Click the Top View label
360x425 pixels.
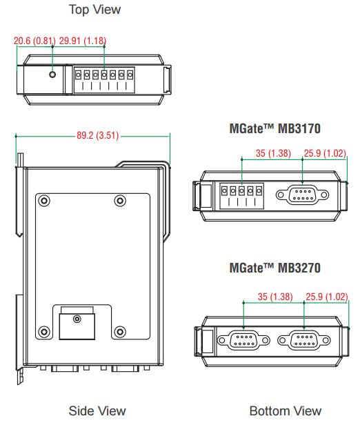click(94, 10)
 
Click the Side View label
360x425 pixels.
click(97, 411)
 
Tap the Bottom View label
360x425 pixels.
click(286, 411)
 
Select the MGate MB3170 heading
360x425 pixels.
click(274, 128)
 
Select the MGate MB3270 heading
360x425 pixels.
click(274, 268)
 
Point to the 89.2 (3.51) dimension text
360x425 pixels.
click(97, 135)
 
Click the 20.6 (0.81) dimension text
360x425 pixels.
click(34, 41)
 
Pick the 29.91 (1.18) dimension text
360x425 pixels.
click(83, 41)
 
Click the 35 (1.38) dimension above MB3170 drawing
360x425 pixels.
click(273, 153)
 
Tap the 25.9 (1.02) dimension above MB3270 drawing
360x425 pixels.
click(327, 297)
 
